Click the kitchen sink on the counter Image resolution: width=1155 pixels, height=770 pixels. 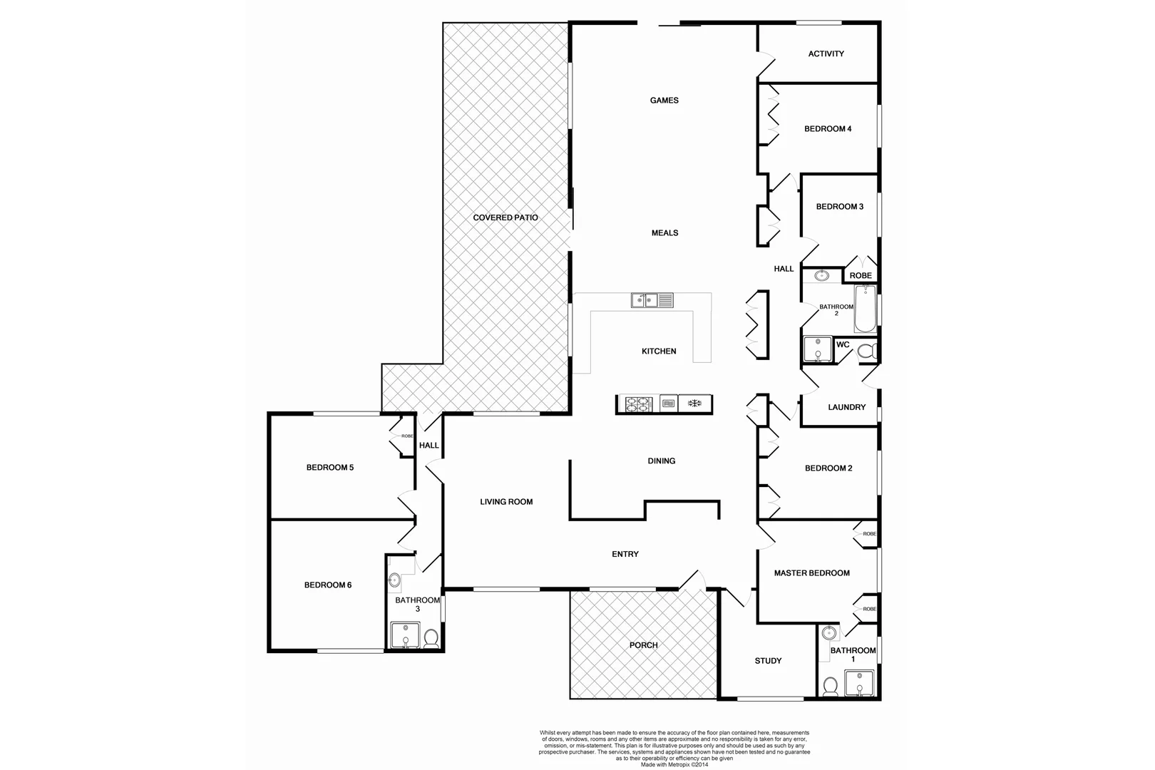coord(652,300)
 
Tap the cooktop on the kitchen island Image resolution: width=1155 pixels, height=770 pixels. coord(638,404)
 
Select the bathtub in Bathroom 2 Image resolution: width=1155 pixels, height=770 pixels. coord(865,309)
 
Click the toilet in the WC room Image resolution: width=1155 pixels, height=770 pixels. coord(866,351)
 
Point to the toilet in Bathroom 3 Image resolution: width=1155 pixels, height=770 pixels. coord(431,637)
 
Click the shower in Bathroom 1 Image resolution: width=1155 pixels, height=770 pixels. coord(860,684)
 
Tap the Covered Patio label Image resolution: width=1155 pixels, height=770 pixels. coord(505,217)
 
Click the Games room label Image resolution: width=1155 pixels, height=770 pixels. coord(664,101)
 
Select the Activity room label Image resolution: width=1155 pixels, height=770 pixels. coord(826,53)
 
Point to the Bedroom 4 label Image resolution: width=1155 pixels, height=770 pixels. coord(828,129)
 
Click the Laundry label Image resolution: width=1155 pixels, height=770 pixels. coord(846,407)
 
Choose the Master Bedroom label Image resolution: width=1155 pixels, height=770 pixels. coord(811,573)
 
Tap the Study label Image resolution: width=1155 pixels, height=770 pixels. coord(768,661)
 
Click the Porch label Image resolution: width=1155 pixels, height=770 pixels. coord(643,645)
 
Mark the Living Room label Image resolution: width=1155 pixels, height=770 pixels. coord(506,502)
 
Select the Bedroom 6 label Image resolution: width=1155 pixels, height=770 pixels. coord(328,585)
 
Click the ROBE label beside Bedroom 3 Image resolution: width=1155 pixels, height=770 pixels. coord(861,276)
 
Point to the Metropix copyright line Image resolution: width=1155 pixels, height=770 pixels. coord(674,764)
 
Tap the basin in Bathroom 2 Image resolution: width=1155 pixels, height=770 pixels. coord(821,275)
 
